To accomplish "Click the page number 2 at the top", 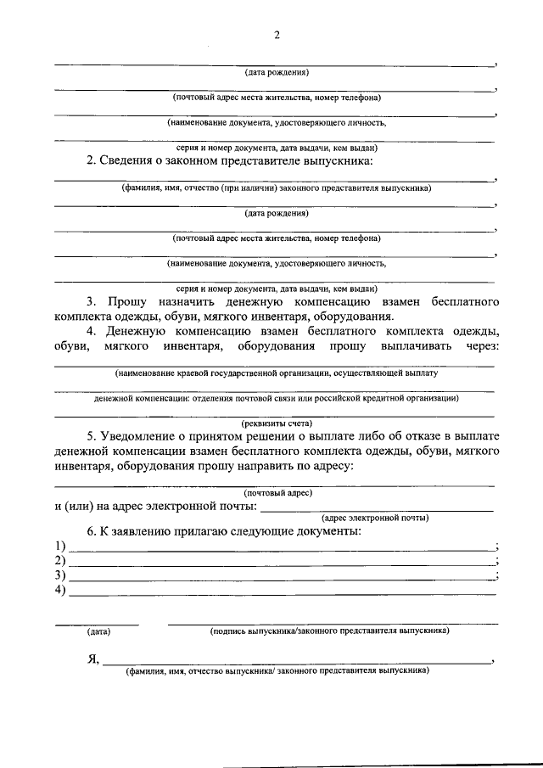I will [277, 35].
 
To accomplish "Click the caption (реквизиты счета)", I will [276, 423].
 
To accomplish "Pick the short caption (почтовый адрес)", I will [277, 493].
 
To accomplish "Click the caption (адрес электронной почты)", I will [374, 518].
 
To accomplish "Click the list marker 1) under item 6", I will [59, 546].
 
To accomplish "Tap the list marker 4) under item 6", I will [59, 591].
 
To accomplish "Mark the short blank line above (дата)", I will [98, 625].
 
